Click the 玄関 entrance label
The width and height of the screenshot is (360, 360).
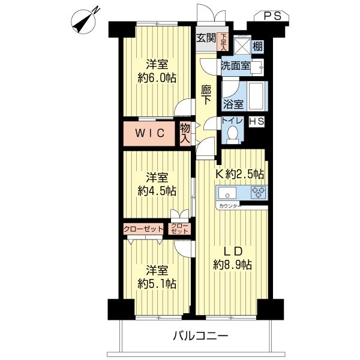coord(206,39)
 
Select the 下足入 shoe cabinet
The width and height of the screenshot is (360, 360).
coord(223,40)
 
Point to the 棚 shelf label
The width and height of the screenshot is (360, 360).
coord(257,46)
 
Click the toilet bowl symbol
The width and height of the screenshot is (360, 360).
coord(234,136)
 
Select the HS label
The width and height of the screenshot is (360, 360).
coord(256,121)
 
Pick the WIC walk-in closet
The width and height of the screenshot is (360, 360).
coord(149,133)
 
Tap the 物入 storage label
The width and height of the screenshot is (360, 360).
coord(185,133)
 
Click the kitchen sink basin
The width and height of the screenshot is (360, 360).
coord(227,193)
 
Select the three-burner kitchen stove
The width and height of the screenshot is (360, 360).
coord(258,193)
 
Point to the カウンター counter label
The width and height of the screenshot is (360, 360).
coord(230,206)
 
